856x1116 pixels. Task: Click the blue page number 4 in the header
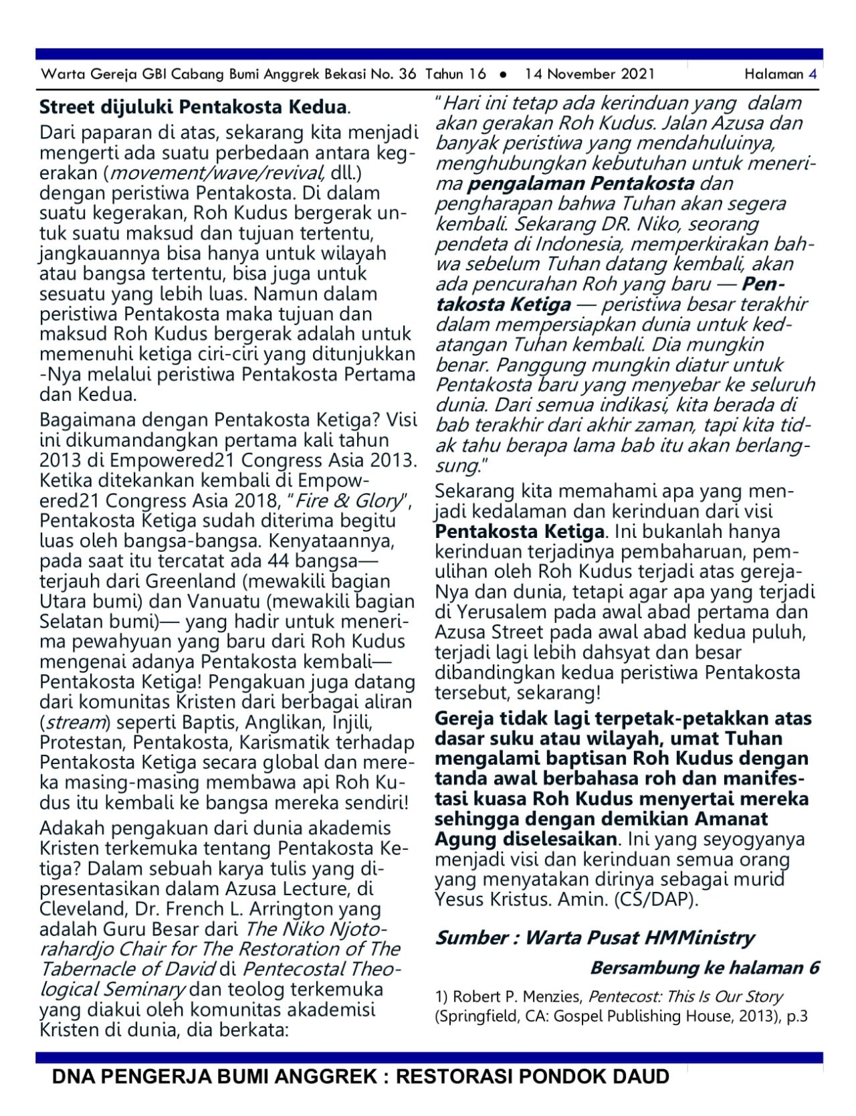[x=813, y=74]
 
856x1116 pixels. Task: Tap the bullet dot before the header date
[x=504, y=75]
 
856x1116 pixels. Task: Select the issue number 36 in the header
[x=407, y=74]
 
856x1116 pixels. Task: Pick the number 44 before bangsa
[x=278, y=561]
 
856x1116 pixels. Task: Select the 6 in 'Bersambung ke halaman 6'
[x=813, y=968]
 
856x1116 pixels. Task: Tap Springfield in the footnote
[x=477, y=1017]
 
